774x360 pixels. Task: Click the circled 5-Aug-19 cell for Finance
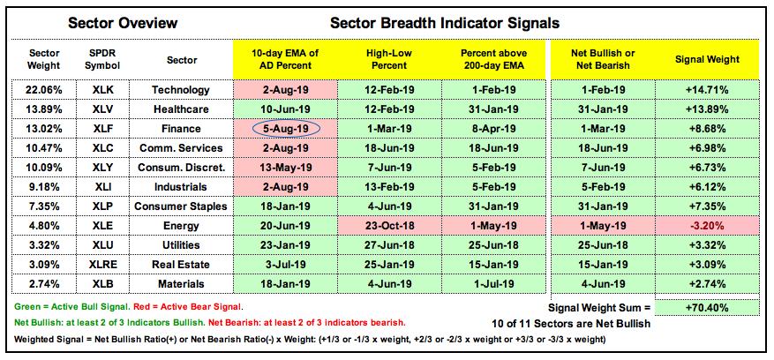point(285,129)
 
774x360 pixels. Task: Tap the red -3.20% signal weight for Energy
point(708,226)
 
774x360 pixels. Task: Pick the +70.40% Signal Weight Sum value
point(707,308)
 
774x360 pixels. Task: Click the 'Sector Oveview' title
point(123,23)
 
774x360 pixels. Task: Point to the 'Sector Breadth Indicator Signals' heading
point(445,23)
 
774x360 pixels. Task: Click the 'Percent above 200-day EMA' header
point(493,59)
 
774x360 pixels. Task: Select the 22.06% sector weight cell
point(44,90)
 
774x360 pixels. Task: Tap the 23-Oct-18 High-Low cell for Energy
point(390,226)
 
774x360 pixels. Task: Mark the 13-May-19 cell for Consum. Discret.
point(285,168)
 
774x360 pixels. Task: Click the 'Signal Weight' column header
point(707,59)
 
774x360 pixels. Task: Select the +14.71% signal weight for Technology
point(707,90)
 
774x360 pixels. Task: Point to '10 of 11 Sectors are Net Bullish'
point(571,325)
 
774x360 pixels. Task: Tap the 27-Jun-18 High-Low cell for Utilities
point(390,245)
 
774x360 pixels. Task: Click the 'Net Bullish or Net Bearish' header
point(602,59)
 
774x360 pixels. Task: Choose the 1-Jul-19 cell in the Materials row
point(493,284)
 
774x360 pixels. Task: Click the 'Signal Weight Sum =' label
point(600,308)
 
